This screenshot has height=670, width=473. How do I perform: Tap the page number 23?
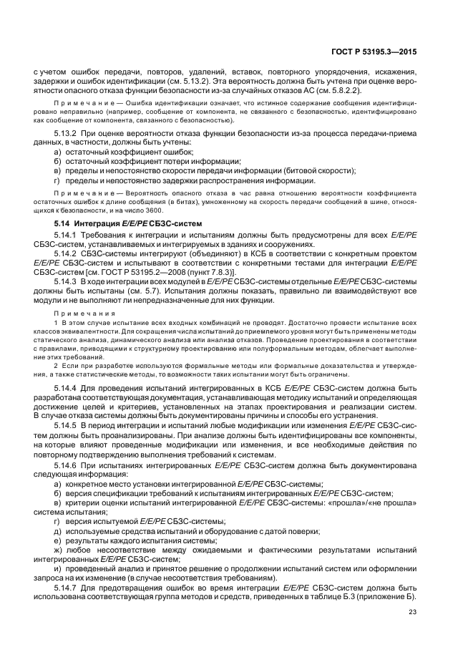(x=412, y=611)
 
